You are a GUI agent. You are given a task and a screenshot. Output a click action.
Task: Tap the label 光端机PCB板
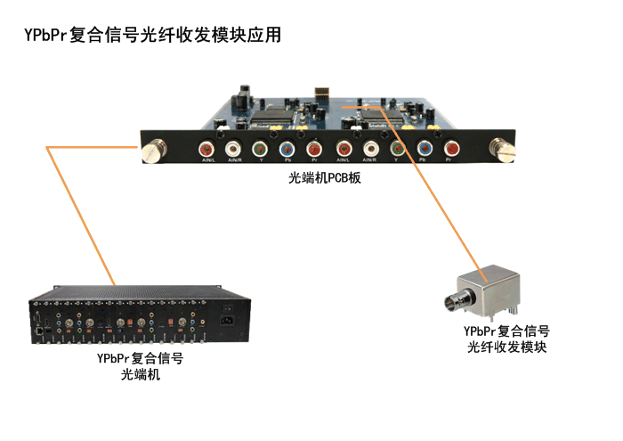click(319, 178)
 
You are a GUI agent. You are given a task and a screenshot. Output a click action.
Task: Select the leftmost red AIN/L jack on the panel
click(206, 149)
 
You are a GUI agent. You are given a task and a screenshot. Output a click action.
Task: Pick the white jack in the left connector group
click(233, 149)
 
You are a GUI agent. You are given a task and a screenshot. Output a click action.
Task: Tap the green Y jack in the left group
click(259, 149)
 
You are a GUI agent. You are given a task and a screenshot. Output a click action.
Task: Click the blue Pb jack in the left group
click(286, 149)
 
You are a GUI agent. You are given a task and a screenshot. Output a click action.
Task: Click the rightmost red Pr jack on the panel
click(451, 149)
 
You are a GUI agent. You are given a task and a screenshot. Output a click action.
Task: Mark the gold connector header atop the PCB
click(322, 91)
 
